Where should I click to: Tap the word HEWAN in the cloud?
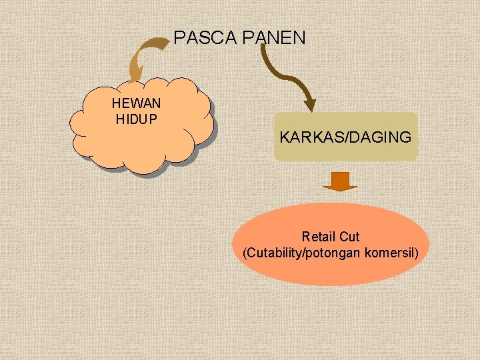point(136,105)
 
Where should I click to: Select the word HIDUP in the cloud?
point(136,119)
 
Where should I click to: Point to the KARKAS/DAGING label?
point(345,138)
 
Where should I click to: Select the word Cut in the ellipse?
point(349,237)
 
